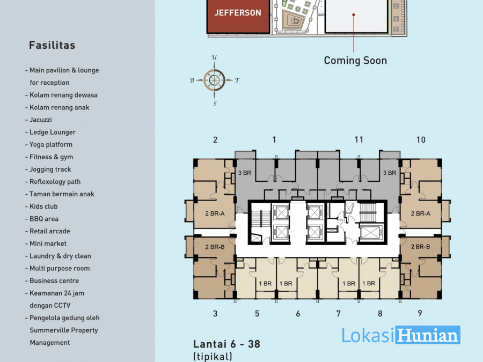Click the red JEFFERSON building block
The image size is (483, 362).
coord(238,16)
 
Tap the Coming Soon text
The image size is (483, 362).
coord(355,60)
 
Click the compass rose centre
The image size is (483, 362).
coord(214,80)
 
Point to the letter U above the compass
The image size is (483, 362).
coord(214,57)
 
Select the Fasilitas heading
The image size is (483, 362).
coord(52,45)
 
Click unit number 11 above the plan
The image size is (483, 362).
coord(359,140)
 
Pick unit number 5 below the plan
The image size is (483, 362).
coord(257,314)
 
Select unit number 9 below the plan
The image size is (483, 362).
coord(420,313)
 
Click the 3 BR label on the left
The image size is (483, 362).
coord(245,173)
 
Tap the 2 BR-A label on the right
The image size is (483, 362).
coord(420,213)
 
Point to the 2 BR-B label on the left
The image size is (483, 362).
coord(215,247)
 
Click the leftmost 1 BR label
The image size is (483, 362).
coord(265,284)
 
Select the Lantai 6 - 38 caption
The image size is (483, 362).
coord(226,344)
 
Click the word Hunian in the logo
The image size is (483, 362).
coord(428,335)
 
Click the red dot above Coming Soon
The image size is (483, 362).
coord(354,14)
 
